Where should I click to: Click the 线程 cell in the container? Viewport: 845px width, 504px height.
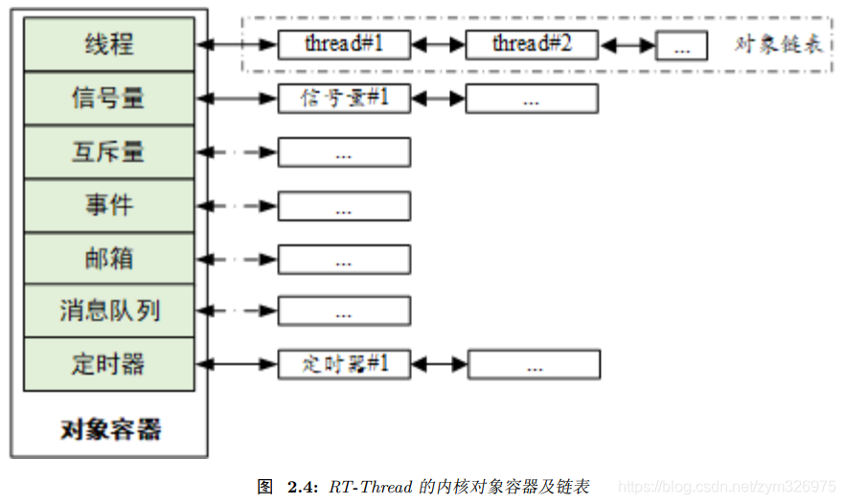[x=108, y=44]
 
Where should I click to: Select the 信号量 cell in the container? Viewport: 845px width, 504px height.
[x=108, y=98]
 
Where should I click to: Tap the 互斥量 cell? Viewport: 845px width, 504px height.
[x=108, y=151]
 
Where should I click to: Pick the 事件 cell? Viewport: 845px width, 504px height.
[x=108, y=205]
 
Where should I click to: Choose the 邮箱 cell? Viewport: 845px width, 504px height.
[x=108, y=259]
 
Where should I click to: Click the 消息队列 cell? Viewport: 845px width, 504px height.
[x=108, y=311]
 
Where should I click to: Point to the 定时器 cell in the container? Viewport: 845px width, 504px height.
[x=108, y=364]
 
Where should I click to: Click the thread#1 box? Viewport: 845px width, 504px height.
[x=344, y=44]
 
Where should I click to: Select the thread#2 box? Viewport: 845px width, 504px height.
[x=532, y=44]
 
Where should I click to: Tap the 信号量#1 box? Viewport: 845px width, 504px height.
[x=344, y=98]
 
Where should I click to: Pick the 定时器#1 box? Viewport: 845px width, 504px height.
[x=344, y=364]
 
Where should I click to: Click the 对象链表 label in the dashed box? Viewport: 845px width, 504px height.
[x=778, y=44]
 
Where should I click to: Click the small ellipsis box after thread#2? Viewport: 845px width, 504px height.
[x=681, y=45]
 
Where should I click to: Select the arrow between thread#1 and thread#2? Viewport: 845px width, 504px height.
[x=438, y=44]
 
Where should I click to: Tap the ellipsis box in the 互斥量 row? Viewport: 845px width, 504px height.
[x=344, y=152]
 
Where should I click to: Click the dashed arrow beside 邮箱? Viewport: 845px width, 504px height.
[x=237, y=259]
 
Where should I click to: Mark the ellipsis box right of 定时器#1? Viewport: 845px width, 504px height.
[x=534, y=365]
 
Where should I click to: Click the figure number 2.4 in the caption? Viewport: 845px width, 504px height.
[x=302, y=487]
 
